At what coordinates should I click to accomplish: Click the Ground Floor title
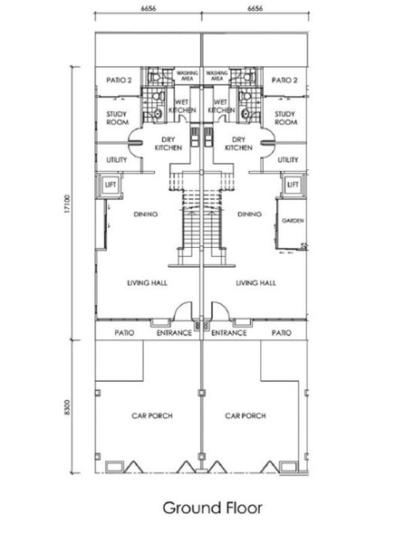coord(212,508)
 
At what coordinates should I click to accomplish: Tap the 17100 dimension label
coord(67,204)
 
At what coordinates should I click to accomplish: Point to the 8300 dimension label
coord(67,407)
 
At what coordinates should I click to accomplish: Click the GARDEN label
coord(293,221)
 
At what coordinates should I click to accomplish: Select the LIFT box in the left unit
coord(111,185)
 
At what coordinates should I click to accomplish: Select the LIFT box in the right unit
coord(293,185)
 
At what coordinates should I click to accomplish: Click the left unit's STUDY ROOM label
coord(117,118)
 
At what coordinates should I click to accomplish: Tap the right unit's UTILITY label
coord(288,159)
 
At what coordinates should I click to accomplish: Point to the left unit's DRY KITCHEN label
coord(169,144)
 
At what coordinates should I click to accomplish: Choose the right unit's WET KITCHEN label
coord(221,106)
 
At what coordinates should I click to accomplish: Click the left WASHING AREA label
coord(188,76)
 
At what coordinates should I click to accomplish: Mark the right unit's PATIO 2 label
coord(284,81)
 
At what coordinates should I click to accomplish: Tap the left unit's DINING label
coord(146,214)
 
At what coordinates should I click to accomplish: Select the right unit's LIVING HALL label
coord(256,283)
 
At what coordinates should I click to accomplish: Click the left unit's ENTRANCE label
coord(174,333)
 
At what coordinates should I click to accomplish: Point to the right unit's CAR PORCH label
coord(246,415)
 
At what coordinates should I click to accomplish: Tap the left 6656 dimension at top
coord(149,8)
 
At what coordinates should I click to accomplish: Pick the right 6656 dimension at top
coord(255,8)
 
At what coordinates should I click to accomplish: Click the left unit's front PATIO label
coord(124,333)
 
